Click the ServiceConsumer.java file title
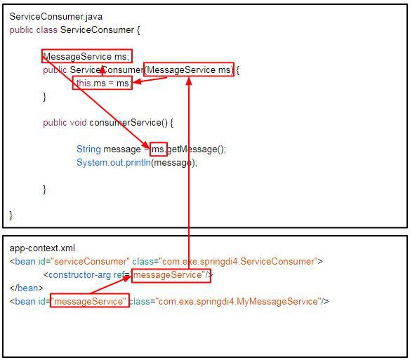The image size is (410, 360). pos(55,17)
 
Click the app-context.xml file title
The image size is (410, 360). pos(42,248)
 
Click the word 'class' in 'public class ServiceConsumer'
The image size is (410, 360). pos(47,29)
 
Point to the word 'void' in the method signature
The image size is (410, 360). pos(78,123)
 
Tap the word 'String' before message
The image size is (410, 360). pos(88,149)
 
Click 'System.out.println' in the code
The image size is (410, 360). pos(114,163)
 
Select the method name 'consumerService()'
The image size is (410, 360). pos(128,123)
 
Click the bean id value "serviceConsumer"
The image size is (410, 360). pos(91,262)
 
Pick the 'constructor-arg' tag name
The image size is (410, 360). pos(80,275)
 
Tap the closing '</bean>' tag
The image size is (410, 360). pos(27,288)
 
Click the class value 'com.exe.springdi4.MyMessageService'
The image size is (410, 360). pos(239,302)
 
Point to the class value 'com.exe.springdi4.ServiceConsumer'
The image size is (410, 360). pos(239,262)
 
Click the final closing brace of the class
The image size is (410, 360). pos(11,216)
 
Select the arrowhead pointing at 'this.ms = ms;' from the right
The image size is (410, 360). pos(137,81)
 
